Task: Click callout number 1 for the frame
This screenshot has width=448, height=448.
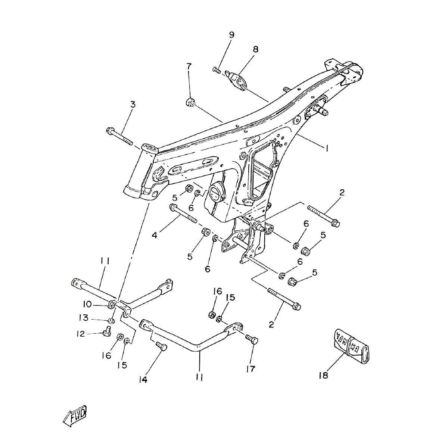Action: pos(327,149)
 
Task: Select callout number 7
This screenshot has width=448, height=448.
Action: pos(189,67)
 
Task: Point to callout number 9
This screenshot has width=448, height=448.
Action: pos(231,35)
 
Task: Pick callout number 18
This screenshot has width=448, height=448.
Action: pos(323,375)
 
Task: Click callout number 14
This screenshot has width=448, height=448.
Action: pos(143,380)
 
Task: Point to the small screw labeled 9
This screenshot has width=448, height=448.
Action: pos(217,69)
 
